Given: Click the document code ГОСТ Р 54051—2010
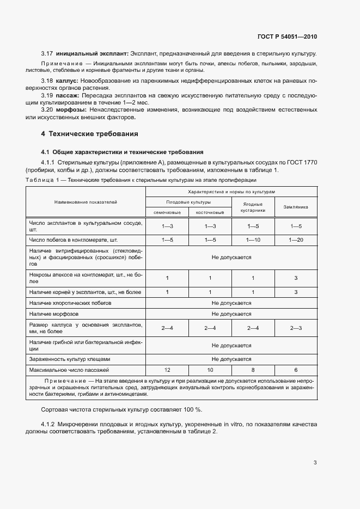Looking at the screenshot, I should click(x=287, y=37).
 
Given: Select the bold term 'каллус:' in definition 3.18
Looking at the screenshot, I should click(x=68, y=81).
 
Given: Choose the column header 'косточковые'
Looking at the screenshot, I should click(x=210, y=212).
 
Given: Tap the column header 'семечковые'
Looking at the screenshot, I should click(x=167, y=212).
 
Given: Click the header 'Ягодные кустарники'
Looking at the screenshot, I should click(x=253, y=207).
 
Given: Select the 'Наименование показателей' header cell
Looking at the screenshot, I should click(x=86, y=202).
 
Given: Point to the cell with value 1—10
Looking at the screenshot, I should click(x=253, y=240).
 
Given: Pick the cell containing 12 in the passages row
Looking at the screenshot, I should click(x=167, y=370).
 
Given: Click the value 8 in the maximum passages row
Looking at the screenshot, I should click(x=253, y=370).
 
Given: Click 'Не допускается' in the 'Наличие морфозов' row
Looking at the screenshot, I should click(x=231, y=314).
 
